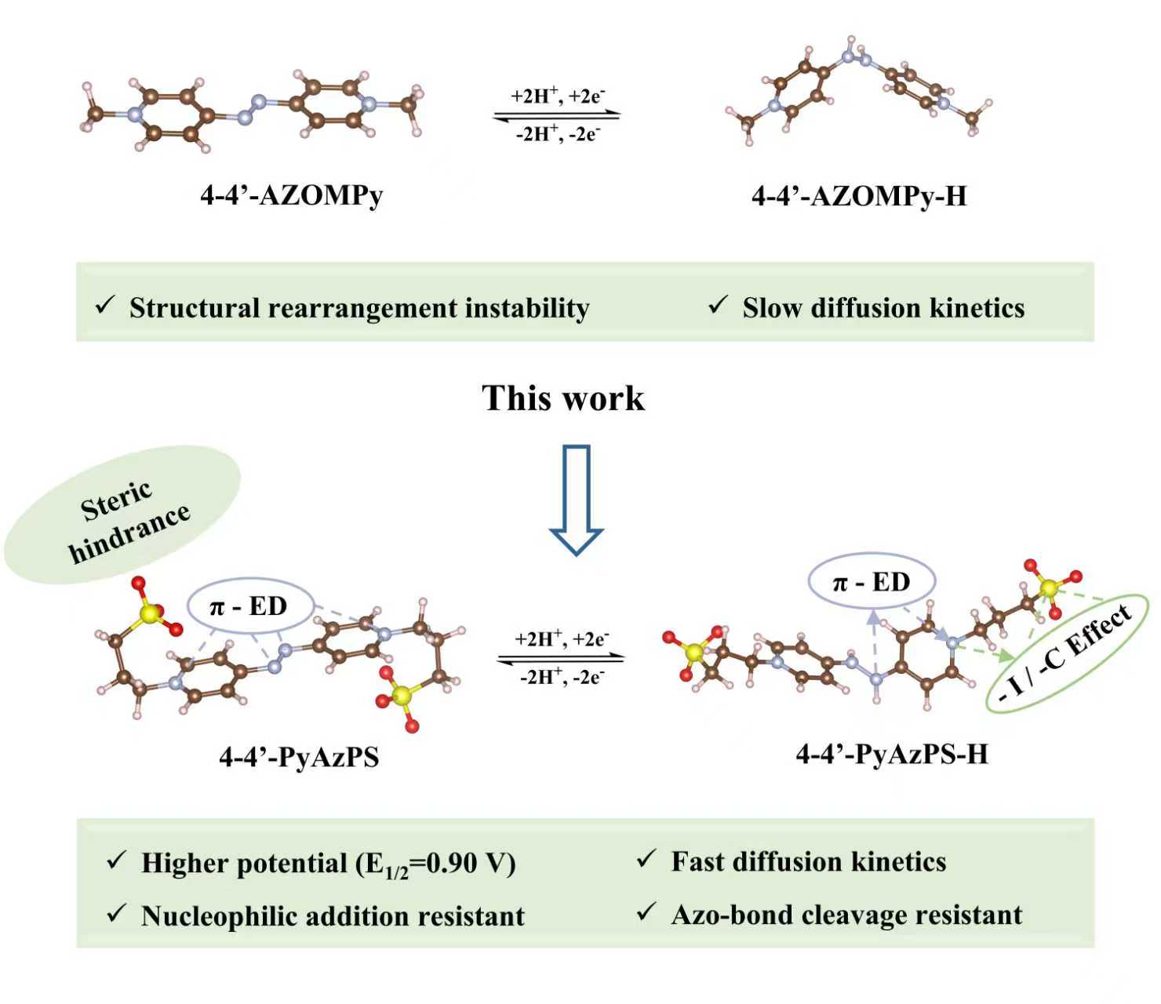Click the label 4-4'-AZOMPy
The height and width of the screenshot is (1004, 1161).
coord(292,195)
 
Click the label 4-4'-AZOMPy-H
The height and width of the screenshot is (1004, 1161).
coord(859,195)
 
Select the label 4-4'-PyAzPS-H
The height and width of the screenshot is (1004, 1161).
coord(892,754)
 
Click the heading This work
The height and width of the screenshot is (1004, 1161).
coord(563,398)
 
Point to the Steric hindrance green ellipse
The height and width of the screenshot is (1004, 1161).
coord(122,515)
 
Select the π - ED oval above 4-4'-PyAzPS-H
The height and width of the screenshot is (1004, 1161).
coord(871,582)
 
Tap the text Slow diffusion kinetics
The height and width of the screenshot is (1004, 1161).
coord(883,308)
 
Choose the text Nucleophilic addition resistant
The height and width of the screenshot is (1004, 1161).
coord(333,915)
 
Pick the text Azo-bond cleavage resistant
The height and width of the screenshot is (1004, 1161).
coord(846,915)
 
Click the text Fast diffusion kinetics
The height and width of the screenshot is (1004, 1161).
coord(808,861)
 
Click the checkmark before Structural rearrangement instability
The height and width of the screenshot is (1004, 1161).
coord(105,305)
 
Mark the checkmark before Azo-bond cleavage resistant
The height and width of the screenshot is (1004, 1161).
coord(646,912)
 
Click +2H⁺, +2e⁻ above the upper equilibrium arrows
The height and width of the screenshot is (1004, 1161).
coord(558,96)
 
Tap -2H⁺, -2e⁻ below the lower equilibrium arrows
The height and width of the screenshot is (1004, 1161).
coord(562,676)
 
